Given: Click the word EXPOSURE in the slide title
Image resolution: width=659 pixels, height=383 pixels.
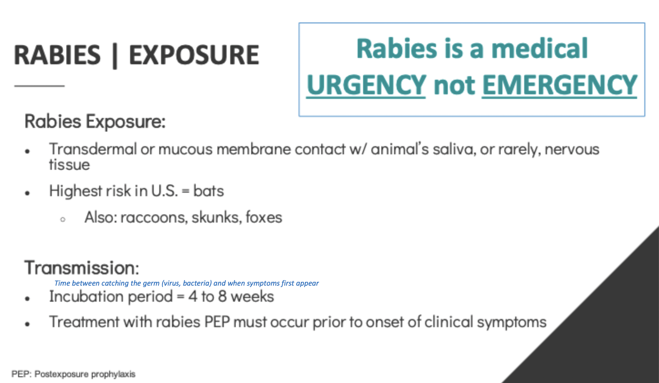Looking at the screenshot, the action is [194, 55].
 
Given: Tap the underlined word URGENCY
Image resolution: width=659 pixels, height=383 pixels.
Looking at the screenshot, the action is [366, 85].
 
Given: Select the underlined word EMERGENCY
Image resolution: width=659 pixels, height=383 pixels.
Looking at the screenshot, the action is [559, 85].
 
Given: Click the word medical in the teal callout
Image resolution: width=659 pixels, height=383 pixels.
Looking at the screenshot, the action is [540, 49].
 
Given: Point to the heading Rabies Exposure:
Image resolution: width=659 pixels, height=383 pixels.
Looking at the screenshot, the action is [95, 121].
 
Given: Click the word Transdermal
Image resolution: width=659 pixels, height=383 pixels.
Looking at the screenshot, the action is [93, 149].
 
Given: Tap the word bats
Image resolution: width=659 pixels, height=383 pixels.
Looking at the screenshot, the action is [208, 191].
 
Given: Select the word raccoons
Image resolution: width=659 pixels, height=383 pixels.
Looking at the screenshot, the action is [154, 218].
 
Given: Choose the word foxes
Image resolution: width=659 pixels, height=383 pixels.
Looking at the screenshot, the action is [264, 217].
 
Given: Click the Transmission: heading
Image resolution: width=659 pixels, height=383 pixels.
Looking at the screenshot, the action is [82, 268].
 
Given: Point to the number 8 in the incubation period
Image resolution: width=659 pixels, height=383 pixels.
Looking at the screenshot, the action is [223, 296].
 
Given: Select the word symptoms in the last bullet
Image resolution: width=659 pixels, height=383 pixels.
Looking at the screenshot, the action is [512, 323].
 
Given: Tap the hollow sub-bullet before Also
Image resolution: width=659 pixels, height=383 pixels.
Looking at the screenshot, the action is [63, 219].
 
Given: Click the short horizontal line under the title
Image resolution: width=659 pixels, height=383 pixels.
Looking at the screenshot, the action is [40, 86].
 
